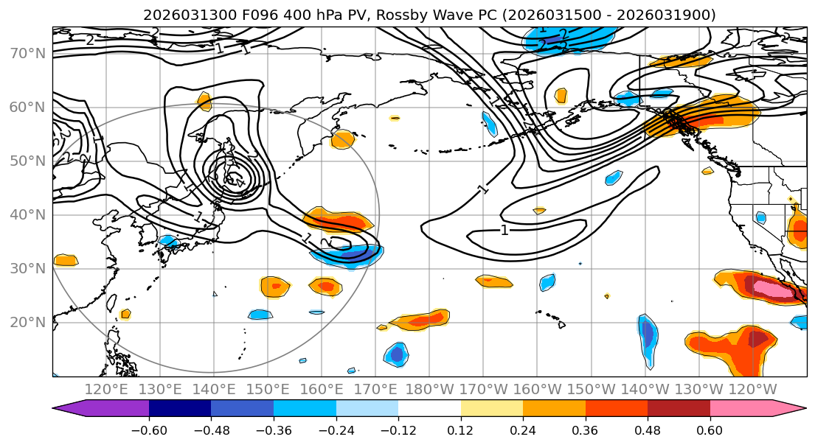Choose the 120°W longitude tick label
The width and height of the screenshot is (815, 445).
[x=752, y=389]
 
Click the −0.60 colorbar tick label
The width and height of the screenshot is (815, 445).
[x=149, y=430]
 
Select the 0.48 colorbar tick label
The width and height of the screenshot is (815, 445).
[x=648, y=430]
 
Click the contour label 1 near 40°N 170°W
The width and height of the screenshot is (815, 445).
[x=504, y=231]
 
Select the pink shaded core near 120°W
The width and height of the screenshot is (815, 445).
[x=780, y=290]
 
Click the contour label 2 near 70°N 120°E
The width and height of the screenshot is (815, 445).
[x=90, y=40]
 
